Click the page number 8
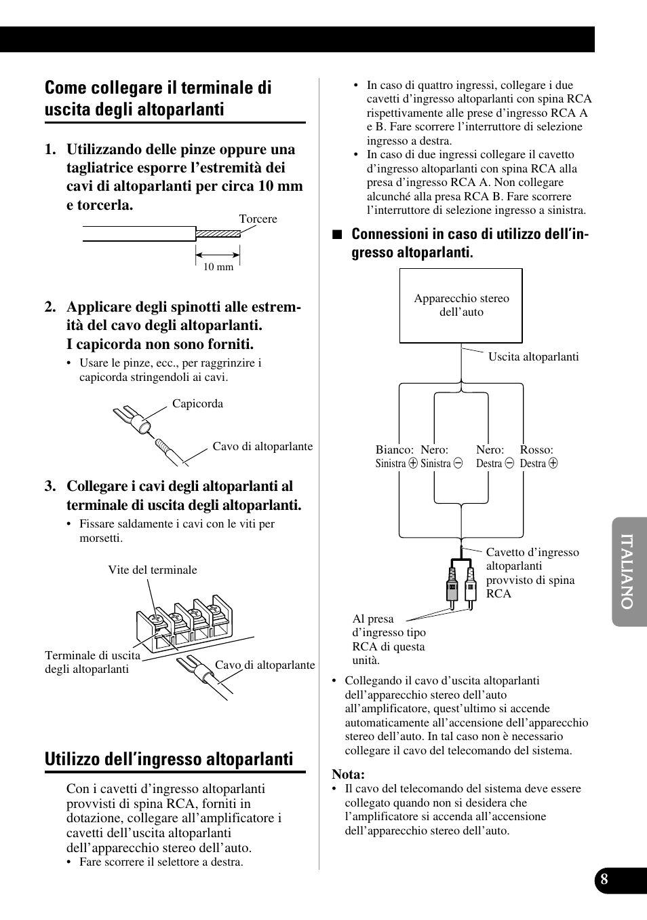coord(604,879)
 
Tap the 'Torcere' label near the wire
coord(258,219)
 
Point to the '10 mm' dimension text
coord(218,267)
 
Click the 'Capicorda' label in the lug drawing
coord(197,403)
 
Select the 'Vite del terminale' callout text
coord(153,570)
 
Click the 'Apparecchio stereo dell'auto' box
coord(461,306)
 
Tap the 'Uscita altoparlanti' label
coord(533,356)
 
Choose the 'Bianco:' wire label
coord(394,449)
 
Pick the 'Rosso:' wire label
coord(536,449)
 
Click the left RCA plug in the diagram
coord(452,585)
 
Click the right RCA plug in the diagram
coord(470,585)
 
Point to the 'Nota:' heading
coord(348,774)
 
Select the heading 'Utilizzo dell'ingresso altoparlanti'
coord(169,759)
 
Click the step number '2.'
coord(50,307)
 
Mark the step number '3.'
coord(50,486)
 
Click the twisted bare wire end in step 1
coord(218,234)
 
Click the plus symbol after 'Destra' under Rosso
coord(553,464)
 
